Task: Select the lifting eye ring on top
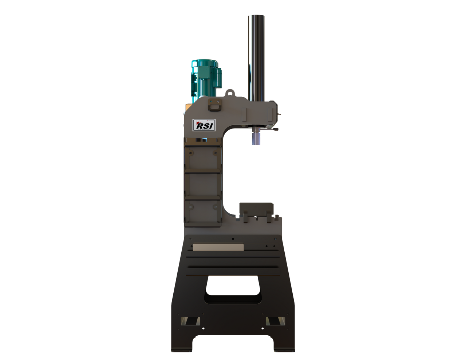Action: (x=230, y=93)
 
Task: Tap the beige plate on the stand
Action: (x=218, y=247)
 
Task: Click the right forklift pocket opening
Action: (x=273, y=321)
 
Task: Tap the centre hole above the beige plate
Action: (x=233, y=239)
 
